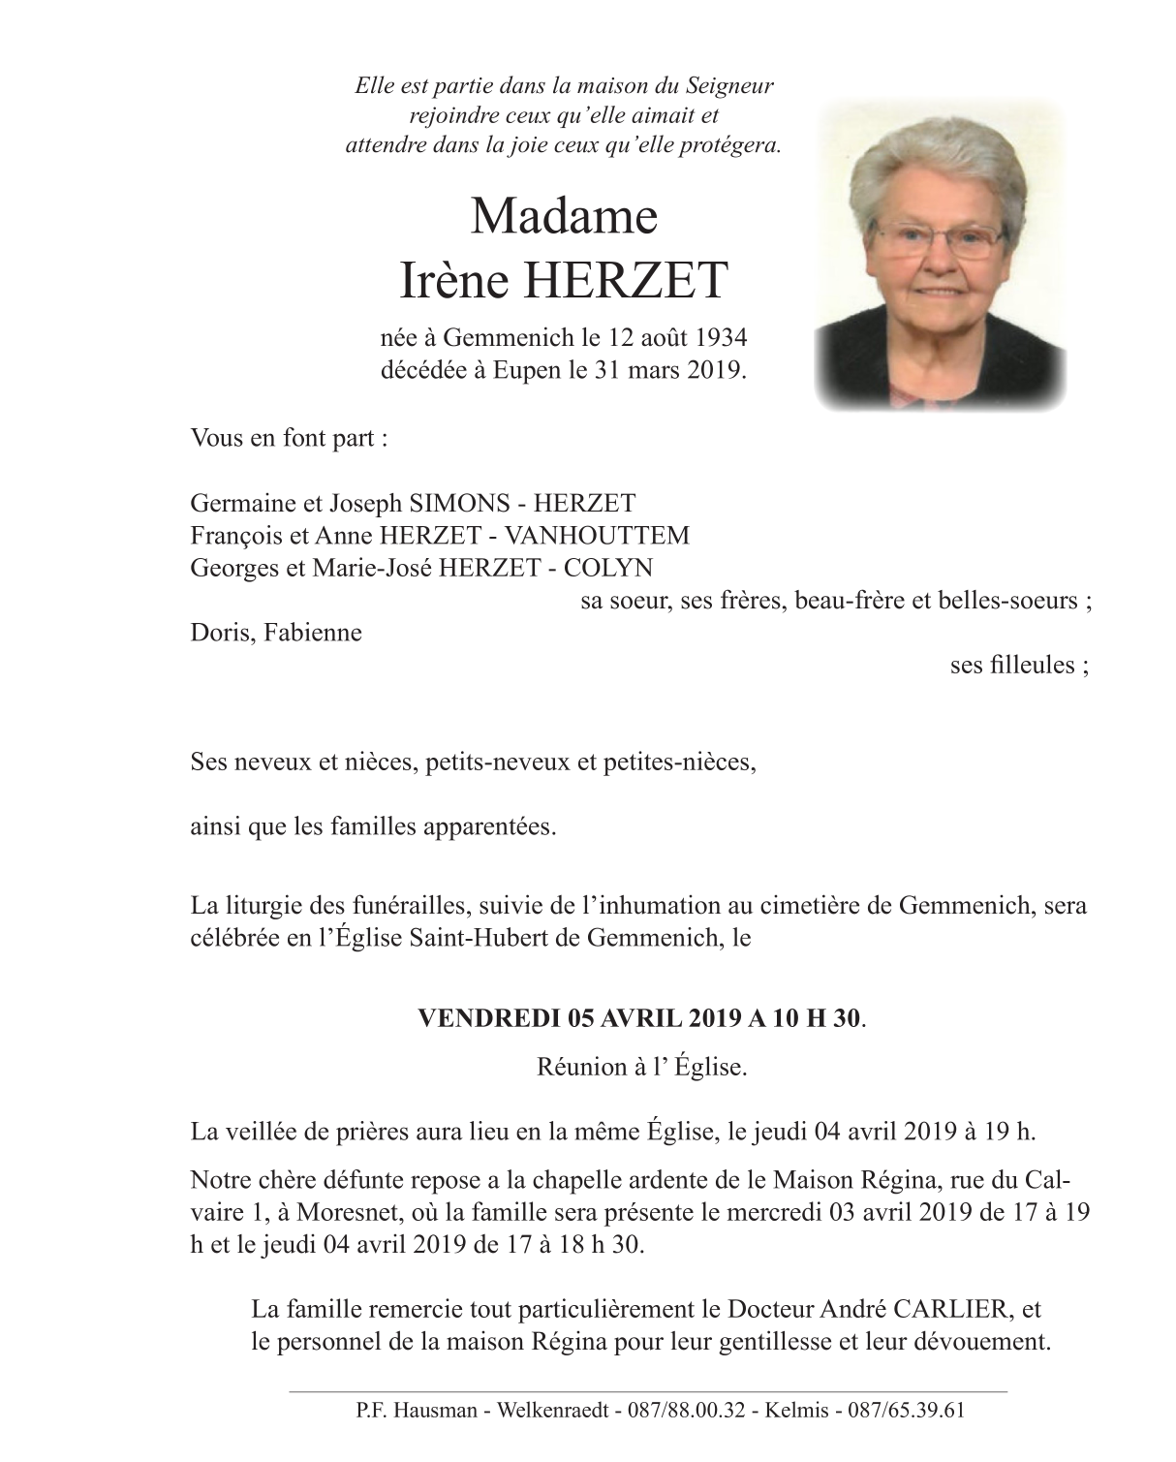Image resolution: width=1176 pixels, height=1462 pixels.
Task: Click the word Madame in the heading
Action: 564,216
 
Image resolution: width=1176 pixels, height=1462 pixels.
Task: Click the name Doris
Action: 218,634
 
